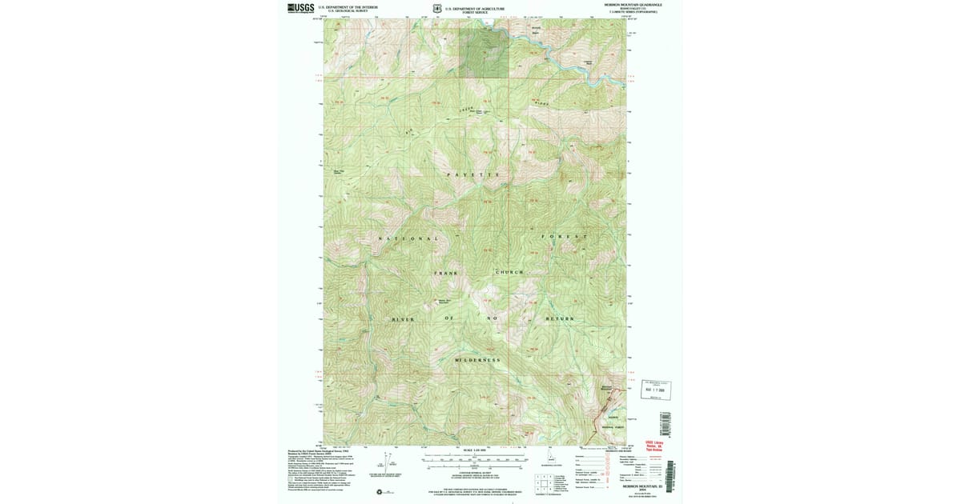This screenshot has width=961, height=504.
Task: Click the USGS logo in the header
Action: (x=300, y=8)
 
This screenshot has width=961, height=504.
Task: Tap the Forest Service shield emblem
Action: (x=436, y=9)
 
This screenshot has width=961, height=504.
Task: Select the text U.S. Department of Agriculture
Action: (x=476, y=7)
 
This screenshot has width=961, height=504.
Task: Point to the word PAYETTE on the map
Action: (x=472, y=174)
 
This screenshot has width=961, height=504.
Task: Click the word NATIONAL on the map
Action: (x=408, y=238)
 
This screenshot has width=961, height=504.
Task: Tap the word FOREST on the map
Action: (x=564, y=237)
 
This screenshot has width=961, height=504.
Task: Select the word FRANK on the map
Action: (x=446, y=273)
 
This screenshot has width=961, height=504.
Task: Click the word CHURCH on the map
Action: (x=509, y=272)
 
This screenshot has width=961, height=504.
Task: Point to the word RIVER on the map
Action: (x=404, y=319)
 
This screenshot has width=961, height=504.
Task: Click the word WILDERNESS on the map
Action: (x=477, y=360)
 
